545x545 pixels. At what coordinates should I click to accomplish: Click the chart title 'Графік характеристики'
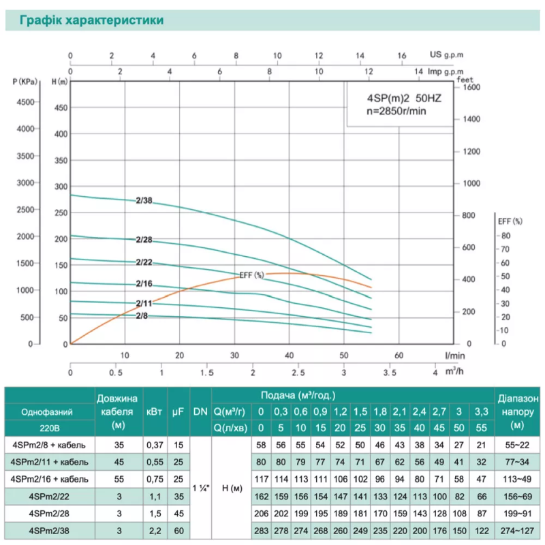pos(91,20)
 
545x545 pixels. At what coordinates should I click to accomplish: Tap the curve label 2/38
pos(144,200)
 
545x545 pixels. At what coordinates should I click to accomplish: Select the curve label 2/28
pos(144,239)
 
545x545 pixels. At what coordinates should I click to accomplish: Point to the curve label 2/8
pos(142,315)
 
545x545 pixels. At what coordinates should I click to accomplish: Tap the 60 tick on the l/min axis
pos(399,355)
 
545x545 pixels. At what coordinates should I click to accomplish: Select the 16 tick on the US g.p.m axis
pos(401,56)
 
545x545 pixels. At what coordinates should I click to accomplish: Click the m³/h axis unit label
pos(453,373)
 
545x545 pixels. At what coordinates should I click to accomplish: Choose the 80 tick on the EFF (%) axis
pos(505,235)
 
